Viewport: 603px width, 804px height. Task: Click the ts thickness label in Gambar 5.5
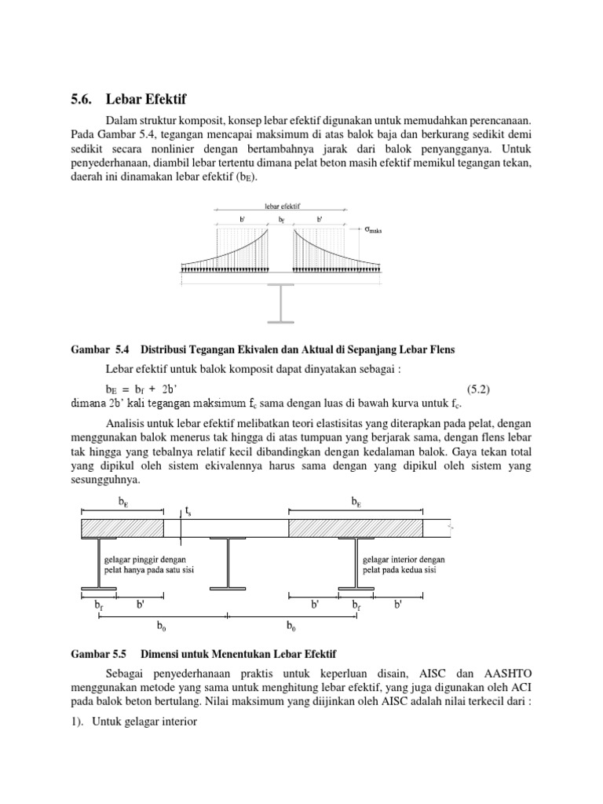[188, 511]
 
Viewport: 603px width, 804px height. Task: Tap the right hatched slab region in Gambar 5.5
[356, 528]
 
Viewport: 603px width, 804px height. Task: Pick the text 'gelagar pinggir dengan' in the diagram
[144, 559]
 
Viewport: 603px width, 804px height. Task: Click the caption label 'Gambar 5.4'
[95, 349]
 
